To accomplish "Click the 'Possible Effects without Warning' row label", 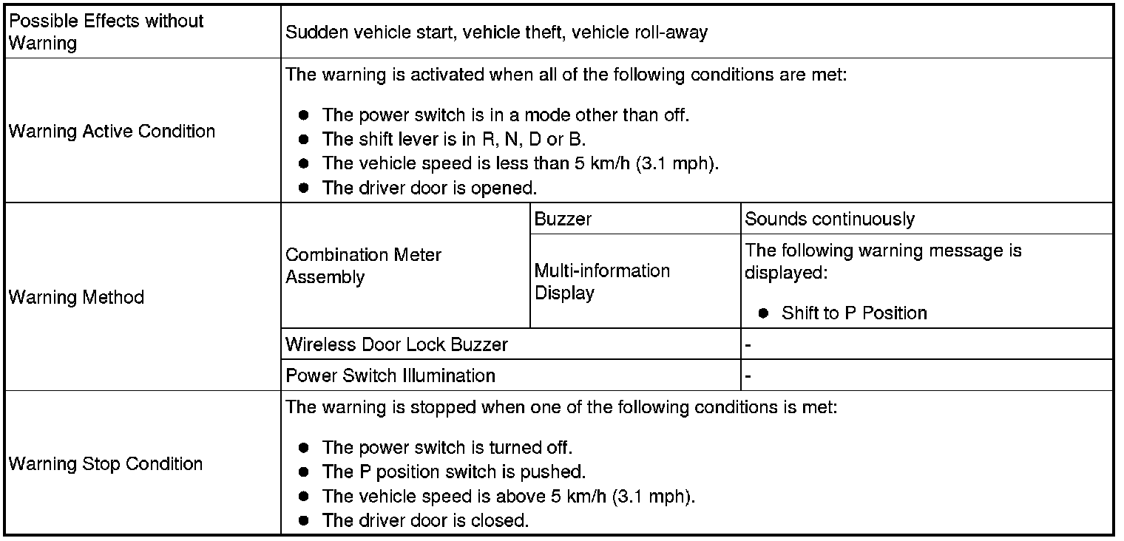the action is pos(106,32).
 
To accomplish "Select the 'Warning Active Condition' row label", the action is pos(112,132).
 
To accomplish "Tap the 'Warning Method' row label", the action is pos(76,297).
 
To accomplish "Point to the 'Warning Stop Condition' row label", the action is pos(105,464).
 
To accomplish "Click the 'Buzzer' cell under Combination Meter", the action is pos(563,219).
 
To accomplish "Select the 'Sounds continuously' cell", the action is pos(830,219).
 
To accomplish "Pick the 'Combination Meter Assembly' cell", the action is pos(363,266).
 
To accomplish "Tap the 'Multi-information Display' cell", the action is pos(602,282).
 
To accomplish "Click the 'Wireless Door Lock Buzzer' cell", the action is pos(396,345).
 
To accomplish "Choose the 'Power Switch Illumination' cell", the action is pos(390,375).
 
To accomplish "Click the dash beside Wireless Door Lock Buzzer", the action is pos(748,345).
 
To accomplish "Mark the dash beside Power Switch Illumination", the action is pos(748,376).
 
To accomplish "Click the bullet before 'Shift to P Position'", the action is pos(763,313).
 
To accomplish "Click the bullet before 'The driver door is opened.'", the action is pos(303,188).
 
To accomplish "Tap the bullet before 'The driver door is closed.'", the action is pos(303,520).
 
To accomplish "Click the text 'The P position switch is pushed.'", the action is pos(454,472).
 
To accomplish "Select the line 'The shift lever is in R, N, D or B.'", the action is pos(454,140).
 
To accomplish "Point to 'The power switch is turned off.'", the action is pos(447,447).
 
